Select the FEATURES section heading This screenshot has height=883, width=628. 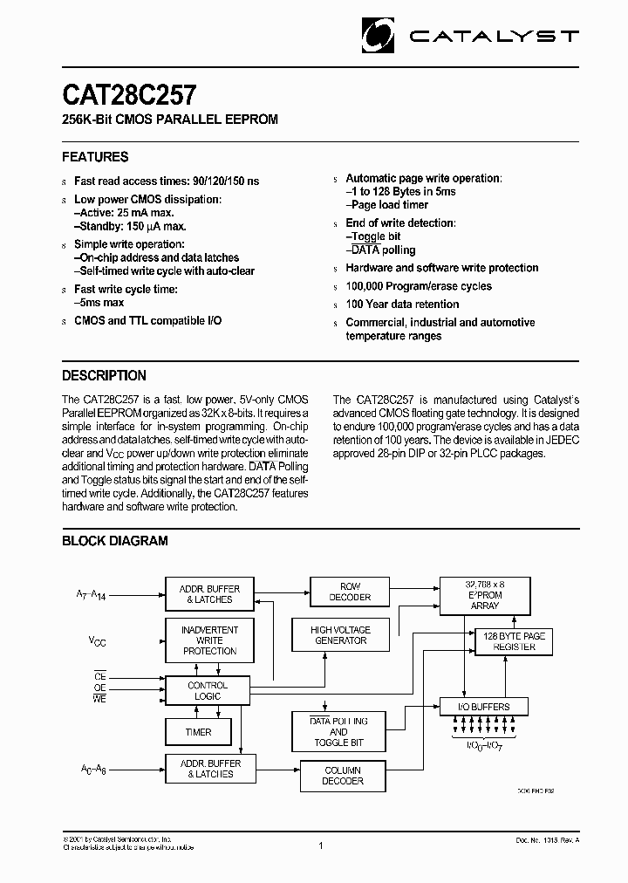click(95, 157)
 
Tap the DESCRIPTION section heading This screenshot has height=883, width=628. click(104, 375)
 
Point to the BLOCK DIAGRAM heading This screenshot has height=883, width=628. click(114, 541)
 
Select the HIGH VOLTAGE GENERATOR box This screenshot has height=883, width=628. click(341, 635)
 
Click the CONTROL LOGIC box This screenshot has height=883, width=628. click(208, 691)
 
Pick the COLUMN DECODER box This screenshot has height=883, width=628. click(343, 776)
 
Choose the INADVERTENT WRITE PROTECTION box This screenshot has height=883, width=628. click(209, 640)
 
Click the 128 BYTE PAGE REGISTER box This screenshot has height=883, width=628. click(515, 642)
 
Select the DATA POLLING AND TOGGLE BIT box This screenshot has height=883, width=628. click(338, 732)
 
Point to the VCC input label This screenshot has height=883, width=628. click(99, 641)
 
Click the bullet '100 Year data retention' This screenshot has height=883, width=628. click(402, 305)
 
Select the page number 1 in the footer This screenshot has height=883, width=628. click(321, 845)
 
